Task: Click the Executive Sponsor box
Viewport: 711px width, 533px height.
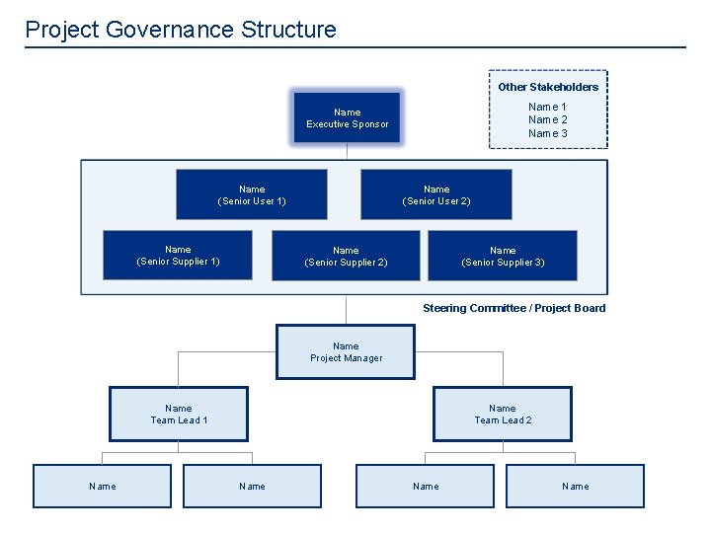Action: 347,117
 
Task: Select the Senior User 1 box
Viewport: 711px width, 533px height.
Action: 251,194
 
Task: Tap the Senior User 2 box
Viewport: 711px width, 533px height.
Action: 435,194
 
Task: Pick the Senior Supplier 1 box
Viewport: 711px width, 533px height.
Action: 178,255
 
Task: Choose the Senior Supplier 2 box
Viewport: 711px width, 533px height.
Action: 346,256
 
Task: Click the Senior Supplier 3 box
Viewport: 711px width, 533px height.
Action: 503,256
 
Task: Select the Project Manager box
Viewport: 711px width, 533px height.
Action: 346,352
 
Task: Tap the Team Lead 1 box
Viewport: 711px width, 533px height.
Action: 179,414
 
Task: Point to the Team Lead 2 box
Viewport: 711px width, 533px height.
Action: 503,414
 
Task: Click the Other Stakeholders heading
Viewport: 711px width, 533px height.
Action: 548,87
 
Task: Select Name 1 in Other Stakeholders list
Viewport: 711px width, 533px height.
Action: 548,107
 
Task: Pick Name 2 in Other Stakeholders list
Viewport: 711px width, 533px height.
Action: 548,119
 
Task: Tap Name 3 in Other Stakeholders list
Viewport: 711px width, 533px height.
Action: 548,133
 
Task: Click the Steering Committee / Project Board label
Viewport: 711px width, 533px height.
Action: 513,308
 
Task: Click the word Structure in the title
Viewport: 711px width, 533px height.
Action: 288,30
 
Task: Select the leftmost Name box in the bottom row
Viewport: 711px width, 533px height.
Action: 102,486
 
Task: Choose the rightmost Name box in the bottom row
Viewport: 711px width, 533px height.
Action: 575,486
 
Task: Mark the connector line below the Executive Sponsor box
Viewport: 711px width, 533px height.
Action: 347,152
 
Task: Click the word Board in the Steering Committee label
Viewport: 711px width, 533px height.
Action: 590,308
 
